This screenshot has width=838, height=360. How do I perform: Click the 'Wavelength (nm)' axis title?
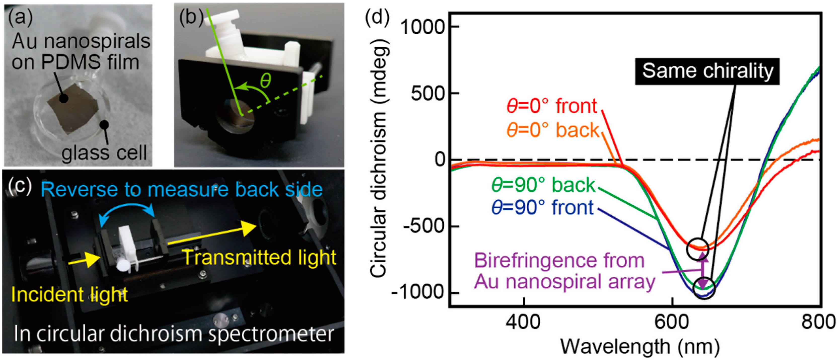point(639,347)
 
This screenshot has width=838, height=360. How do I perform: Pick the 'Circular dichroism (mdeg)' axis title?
point(377,159)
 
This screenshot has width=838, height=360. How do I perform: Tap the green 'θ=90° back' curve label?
point(543,185)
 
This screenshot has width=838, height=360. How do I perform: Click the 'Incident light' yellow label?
point(69,295)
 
